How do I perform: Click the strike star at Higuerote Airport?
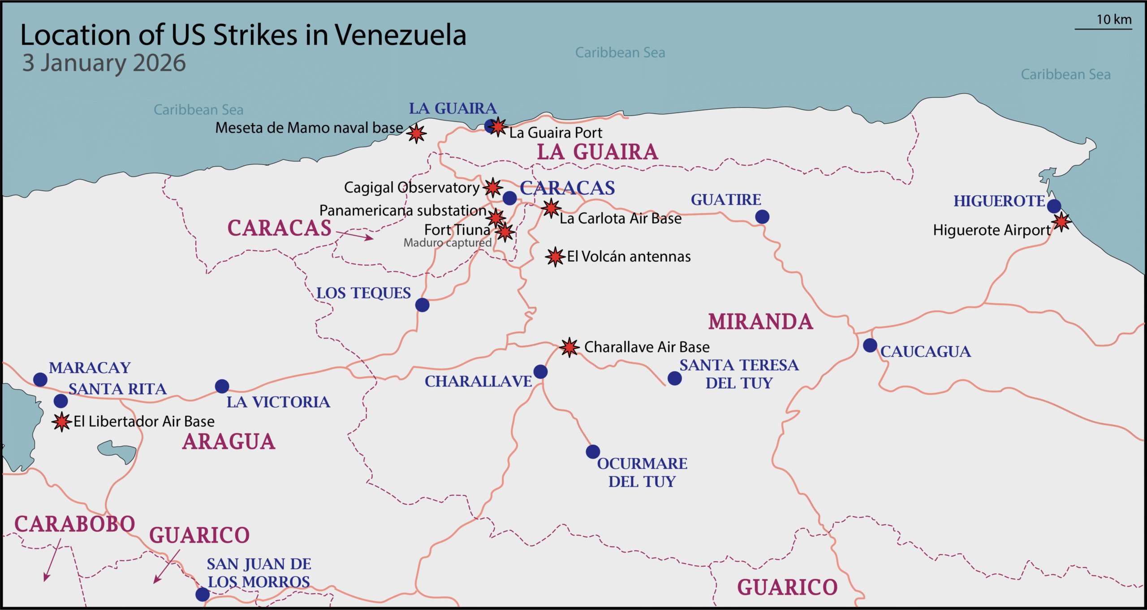click(1061, 222)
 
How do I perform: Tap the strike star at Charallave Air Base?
click(569, 347)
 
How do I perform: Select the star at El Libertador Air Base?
click(61, 421)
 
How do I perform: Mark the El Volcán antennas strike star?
click(555, 257)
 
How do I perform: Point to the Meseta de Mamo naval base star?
click(417, 133)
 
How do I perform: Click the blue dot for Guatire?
click(762, 217)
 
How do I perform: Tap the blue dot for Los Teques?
click(422, 305)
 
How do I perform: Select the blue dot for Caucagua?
click(870, 345)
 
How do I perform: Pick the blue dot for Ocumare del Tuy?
click(593, 451)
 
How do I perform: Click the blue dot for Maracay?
click(40, 380)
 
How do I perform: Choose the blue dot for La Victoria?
click(222, 386)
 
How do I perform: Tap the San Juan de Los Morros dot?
click(203, 594)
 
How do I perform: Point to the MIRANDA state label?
click(760, 322)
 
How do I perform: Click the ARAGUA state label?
click(229, 442)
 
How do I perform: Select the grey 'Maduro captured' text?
click(447, 243)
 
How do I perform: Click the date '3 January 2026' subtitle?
click(104, 63)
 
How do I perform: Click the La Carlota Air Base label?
click(621, 219)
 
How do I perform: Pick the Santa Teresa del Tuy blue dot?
click(674, 378)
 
